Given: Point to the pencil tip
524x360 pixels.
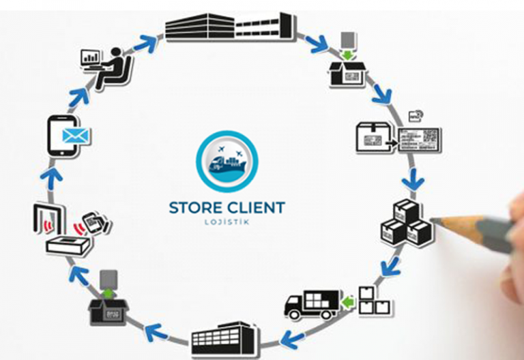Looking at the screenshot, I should pos(435,221).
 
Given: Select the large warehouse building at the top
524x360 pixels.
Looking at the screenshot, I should pos(232,27).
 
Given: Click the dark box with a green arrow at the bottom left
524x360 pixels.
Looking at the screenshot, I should pos(107,307).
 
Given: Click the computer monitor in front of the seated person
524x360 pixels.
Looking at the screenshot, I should pos(90,57).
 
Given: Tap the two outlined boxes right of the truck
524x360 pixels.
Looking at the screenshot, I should pos(374,300).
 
